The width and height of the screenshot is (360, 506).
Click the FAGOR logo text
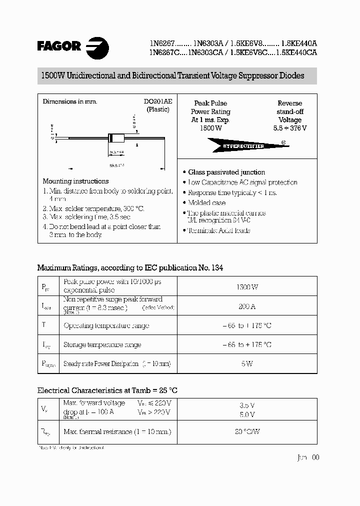[59, 46]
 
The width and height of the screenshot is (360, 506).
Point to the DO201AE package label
[158, 101]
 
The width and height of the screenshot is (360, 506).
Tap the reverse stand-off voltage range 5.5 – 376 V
[290, 128]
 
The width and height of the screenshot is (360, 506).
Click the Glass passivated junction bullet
[226, 172]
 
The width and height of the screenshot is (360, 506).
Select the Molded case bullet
[206, 202]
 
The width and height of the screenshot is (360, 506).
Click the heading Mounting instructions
[75, 181]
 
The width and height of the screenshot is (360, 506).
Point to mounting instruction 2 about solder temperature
[94, 208]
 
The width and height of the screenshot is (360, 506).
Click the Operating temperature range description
[106, 325]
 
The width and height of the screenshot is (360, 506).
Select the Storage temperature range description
[102, 344]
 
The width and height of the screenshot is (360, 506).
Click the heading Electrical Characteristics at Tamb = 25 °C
[107, 390]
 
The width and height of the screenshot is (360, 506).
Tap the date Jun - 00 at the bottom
[307, 457]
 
